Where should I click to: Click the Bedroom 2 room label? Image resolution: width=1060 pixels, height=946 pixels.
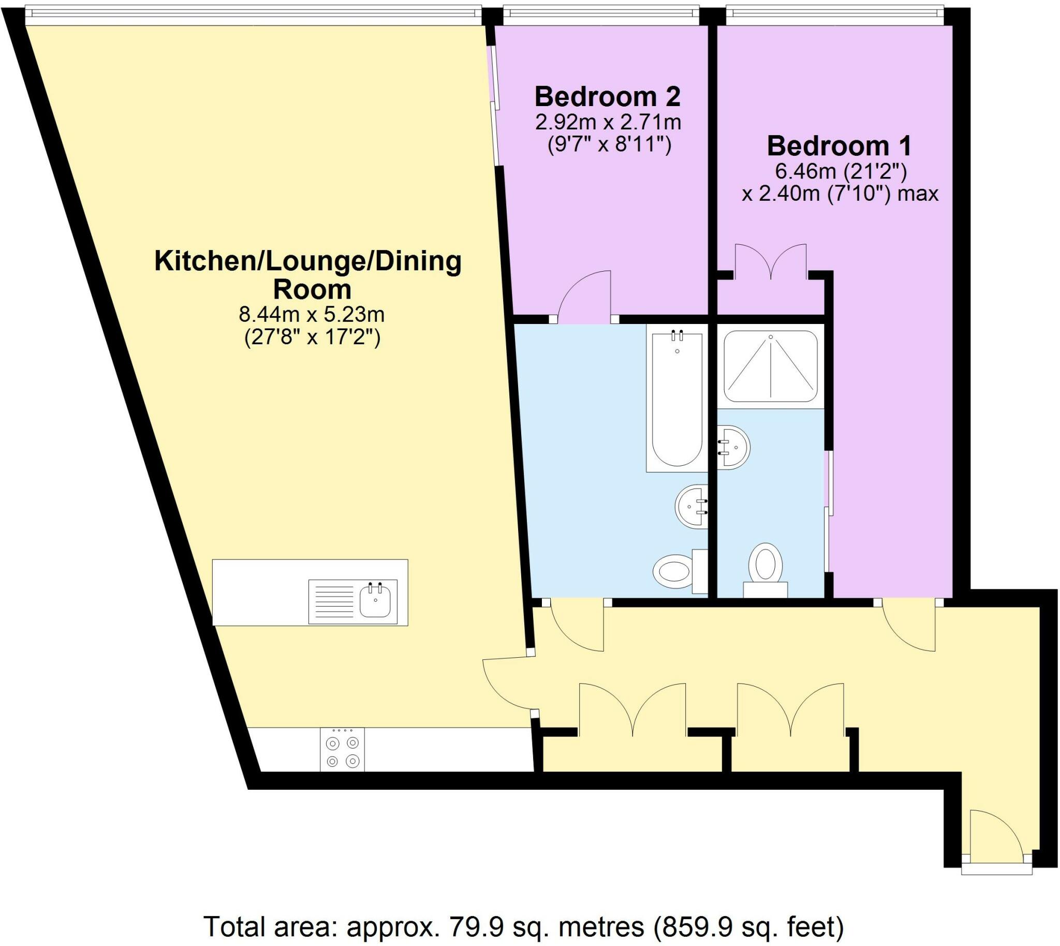pyautogui.click(x=607, y=97)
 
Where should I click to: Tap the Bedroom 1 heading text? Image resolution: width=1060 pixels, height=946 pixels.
pyautogui.click(x=838, y=146)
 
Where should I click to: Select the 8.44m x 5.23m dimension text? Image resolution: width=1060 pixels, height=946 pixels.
pyautogui.click(x=312, y=315)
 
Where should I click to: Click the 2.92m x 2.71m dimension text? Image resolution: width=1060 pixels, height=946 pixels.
pyautogui.click(x=608, y=123)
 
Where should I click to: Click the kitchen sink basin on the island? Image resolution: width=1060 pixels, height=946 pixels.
pyautogui.click(x=375, y=600)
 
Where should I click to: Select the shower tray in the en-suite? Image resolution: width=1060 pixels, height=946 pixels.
pyautogui.click(x=771, y=366)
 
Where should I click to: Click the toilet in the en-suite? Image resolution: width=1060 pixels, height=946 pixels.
pyautogui.click(x=765, y=568)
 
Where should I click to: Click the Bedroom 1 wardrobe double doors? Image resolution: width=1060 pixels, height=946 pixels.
pyautogui.click(x=771, y=260)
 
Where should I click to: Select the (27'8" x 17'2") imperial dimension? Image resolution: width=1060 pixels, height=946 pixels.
pyautogui.click(x=313, y=338)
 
